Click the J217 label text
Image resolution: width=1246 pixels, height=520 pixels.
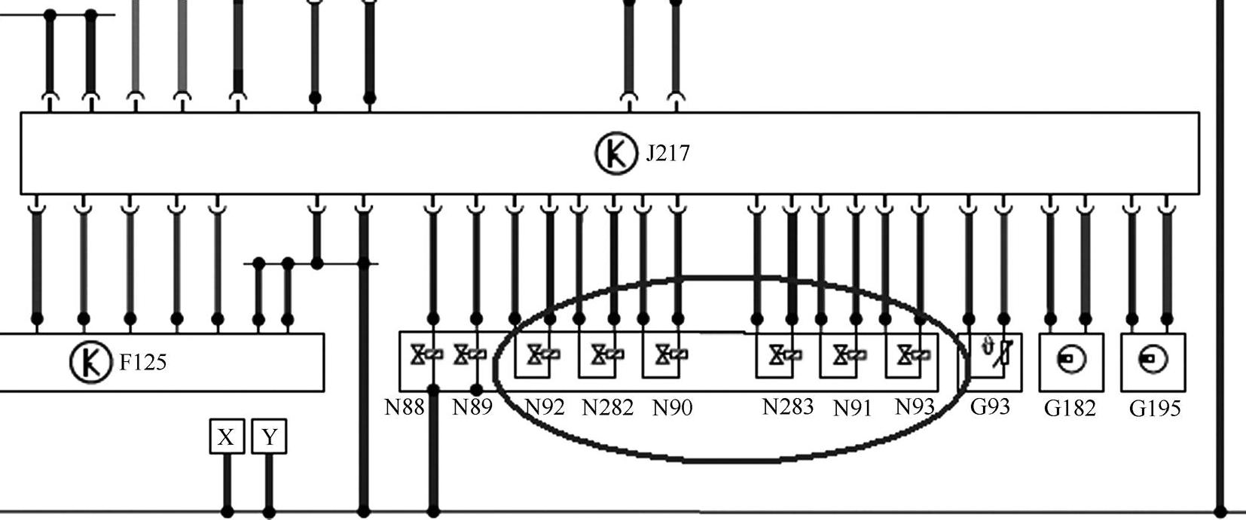click(x=667, y=154)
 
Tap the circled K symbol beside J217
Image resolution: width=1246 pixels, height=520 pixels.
click(x=616, y=153)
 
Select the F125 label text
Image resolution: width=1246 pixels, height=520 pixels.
click(x=143, y=363)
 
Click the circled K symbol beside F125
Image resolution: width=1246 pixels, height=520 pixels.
click(x=90, y=362)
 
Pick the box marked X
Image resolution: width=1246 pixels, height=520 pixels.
click(x=226, y=437)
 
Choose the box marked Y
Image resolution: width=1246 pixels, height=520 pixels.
click(x=270, y=437)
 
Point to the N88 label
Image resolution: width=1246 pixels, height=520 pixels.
click(x=405, y=407)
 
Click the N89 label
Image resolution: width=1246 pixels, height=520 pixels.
click(x=472, y=407)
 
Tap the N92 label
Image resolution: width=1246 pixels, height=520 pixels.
click(x=544, y=407)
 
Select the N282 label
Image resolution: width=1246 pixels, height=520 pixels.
click(x=608, y=408)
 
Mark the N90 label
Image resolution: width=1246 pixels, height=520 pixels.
click(x=672, y=408)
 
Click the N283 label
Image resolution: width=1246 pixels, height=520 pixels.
click(x=788, y=407)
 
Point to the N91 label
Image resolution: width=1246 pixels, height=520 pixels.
click(x=853, y=408)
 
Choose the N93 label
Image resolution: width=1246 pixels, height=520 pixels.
click(x=915, y=407)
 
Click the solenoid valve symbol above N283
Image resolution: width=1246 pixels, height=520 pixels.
click(x=780, y=354)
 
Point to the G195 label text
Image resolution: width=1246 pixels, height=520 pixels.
click(x=1155, y=409)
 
